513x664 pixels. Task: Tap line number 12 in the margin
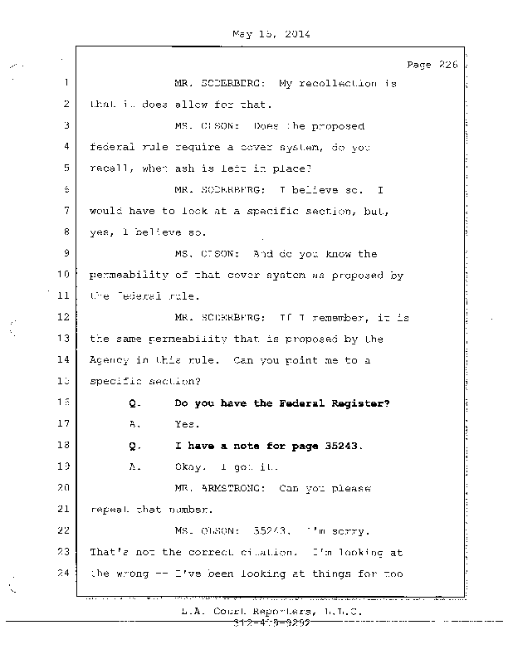point(63,317)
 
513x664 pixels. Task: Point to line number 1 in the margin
point(64,84)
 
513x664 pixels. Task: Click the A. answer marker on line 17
point(135,424)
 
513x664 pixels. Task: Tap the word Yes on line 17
point(187,424)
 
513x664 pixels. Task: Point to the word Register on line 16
point(359,403)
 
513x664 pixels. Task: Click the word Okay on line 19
point(191,466)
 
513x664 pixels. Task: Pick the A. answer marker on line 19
point(135,466)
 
